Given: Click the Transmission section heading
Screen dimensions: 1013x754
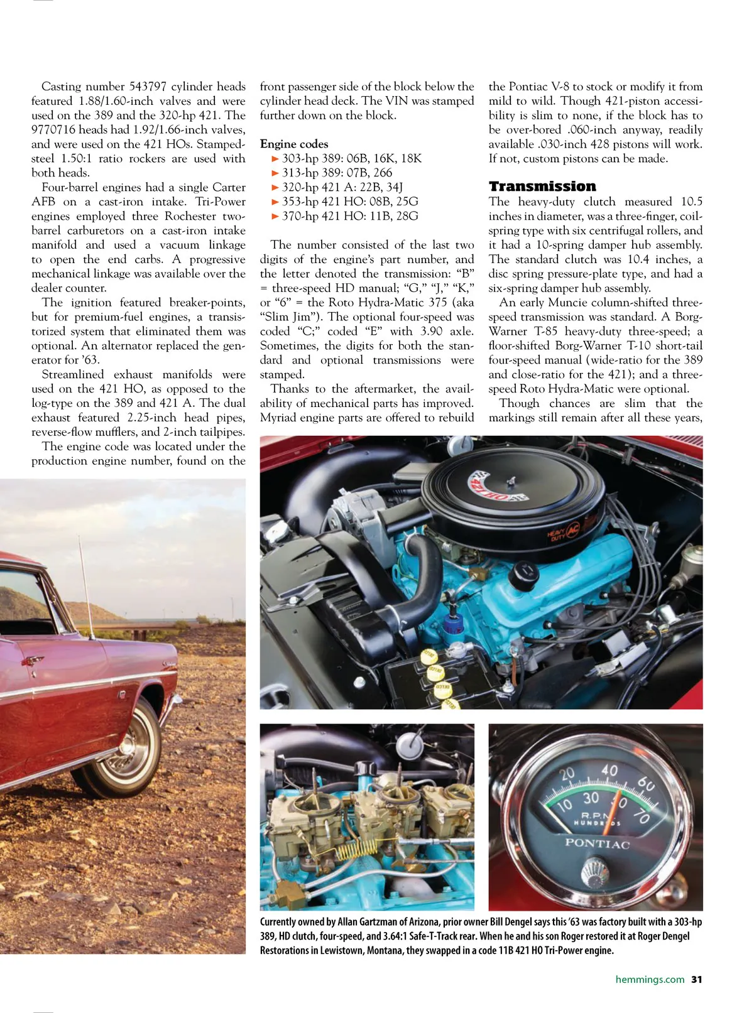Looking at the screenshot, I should (542, 187).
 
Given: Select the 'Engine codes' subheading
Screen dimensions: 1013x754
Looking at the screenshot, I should (294, 144).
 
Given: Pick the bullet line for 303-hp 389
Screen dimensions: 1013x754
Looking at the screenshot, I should (347, 158).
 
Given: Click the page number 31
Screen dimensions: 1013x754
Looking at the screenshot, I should (697, 979).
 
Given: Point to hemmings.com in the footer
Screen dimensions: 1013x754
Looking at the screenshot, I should (650, 979).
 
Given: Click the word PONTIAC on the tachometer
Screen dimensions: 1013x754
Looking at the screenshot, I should (597, 843).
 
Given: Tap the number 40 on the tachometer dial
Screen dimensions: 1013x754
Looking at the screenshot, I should (609, 770).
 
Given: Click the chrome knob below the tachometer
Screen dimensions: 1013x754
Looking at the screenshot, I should (593, 872).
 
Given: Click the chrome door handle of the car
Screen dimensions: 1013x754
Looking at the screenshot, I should (28, 661).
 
